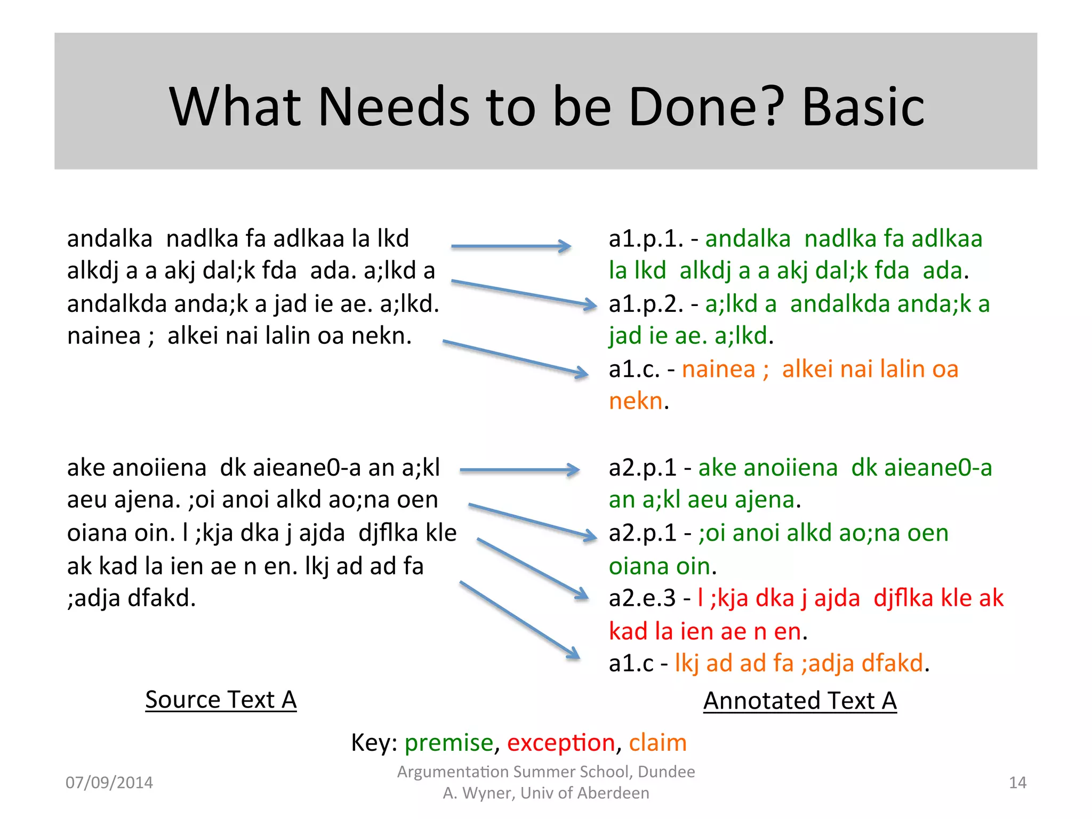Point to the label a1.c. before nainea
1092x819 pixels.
click(635, 370)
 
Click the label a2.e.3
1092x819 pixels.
click(642, 598)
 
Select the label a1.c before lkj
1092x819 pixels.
click(631, 664)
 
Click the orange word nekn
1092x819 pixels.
click(636, 402)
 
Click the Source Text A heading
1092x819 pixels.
click(221, 700)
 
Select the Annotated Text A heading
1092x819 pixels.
click(800, 701)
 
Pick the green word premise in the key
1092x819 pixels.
click(449, 743)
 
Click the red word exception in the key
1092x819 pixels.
click(561, 743)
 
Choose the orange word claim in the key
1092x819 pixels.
click(657, 743)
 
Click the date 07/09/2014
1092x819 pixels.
click(109, 783)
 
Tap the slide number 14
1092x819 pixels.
click(1017, 783)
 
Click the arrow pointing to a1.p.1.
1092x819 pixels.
click(511, 246)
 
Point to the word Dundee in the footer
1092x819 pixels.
click(666, 772)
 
